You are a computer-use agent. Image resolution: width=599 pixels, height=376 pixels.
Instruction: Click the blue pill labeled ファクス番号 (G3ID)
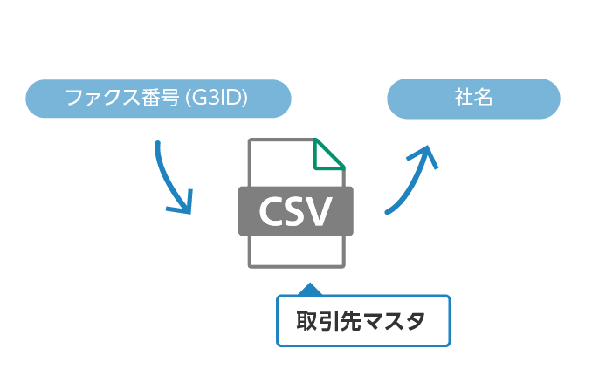[x=157, y=99]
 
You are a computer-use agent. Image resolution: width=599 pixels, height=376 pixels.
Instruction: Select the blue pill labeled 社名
[x=473, y=99]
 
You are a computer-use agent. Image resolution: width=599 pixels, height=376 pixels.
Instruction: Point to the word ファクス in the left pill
[x=99, y=99]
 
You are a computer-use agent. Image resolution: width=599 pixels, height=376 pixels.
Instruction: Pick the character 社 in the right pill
[x=463, y=98]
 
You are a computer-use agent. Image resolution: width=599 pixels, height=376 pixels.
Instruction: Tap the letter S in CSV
[x=297, y=211]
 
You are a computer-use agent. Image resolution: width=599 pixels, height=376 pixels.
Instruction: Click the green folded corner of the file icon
[x=328, y=154]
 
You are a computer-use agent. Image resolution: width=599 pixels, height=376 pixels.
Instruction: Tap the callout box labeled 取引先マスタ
[x=363, y=322]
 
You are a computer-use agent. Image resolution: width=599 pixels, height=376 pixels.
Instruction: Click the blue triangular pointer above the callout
[x=309, y=289]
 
